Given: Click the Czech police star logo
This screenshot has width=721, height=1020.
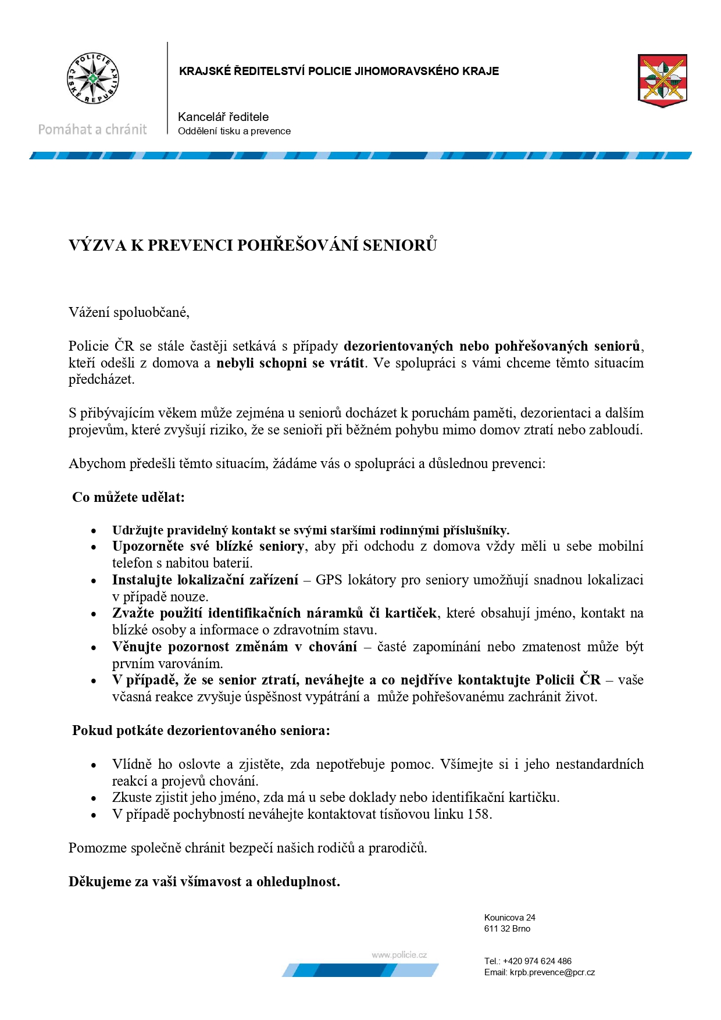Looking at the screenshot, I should tap(92, 79).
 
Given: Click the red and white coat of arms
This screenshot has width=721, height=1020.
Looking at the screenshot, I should tap(662, 80).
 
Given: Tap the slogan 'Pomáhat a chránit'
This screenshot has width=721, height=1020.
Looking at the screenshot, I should tap(92, 130).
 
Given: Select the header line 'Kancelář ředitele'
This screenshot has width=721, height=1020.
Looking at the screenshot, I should tap(223, 117).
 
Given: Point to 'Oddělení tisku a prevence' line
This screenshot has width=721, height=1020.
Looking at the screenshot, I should tap(234, 131).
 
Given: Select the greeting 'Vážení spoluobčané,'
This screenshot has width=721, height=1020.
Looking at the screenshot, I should tap(129, 312).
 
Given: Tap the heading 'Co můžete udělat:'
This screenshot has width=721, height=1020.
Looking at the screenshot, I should tap(128, 497).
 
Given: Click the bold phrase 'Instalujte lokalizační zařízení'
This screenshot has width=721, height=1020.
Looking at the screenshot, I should tap(205, 580).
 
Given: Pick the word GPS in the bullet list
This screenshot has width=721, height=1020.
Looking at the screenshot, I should tap(329, 580).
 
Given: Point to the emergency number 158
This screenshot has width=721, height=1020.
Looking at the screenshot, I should tap(479, 814).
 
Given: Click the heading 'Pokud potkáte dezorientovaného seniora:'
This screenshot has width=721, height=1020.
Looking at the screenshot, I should tap(201, 730).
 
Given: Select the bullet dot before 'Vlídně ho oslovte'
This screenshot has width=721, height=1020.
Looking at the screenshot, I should tap(94, 765).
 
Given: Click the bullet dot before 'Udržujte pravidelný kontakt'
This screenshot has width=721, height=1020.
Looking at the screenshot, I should tap(94, 531).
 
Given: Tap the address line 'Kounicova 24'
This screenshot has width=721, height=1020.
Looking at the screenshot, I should tap(510, 918).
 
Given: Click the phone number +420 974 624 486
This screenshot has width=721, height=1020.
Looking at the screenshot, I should tap(537, 961).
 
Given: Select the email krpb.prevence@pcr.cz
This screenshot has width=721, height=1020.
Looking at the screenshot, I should tap(552, 972).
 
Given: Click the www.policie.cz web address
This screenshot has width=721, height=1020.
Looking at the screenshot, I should tap(399, 955).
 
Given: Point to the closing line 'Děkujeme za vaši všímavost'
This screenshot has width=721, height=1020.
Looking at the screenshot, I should tap(204, 882).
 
